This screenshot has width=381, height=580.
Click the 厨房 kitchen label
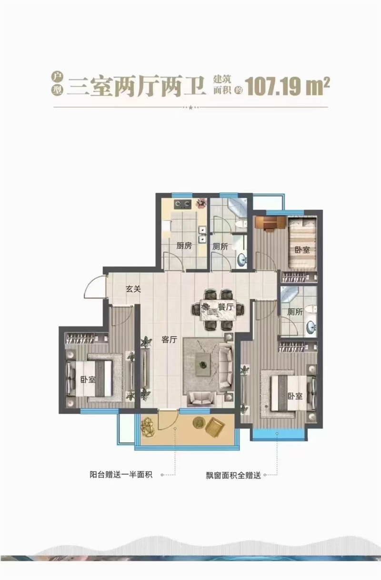184,246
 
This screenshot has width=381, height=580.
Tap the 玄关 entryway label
133,289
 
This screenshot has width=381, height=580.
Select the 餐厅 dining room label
226,307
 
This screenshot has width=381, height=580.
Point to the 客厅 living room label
169,340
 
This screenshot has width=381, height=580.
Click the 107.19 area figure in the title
274,86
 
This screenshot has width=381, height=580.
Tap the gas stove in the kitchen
182,204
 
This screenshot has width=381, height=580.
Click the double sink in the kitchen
202,235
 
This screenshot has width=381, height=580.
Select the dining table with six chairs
218,310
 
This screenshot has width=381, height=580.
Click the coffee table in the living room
203,364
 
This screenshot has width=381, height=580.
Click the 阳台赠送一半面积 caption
121,475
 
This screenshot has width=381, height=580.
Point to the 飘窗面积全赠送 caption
233,476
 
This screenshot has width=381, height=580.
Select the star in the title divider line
190,107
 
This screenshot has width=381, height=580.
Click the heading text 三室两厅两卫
137,86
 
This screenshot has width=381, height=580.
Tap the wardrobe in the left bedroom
87,338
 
